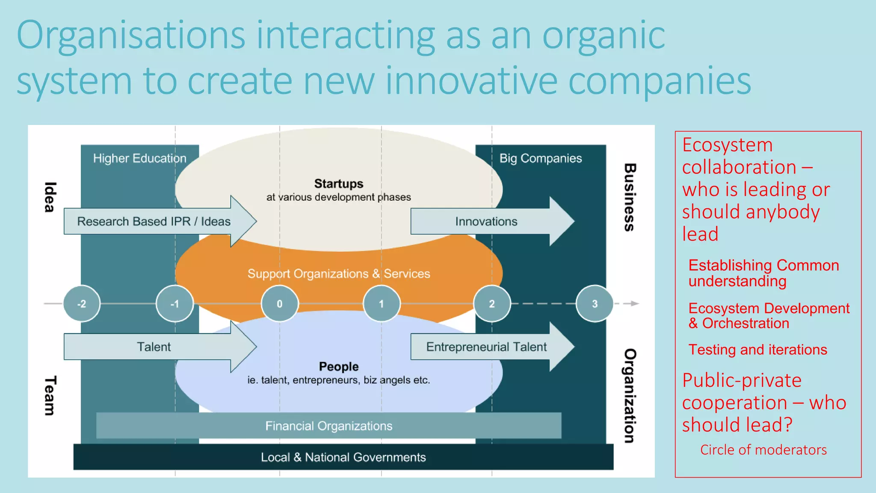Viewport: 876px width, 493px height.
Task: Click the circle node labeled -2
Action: click(x=82, y=303)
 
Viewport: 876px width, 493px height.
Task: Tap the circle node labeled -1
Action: click(x=175, y=303)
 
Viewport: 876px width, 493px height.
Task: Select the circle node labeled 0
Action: click(x=279, y=303)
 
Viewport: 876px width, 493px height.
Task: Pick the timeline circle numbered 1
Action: click(x=381, y=303)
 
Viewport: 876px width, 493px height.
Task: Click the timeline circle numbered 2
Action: click(x=492, y=303)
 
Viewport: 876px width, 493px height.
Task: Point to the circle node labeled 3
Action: click(x=595, y=303)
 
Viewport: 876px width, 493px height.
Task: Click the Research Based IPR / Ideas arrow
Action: click(x=154, y=221)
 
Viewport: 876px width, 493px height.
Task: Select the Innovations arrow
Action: click(x=486, y=221)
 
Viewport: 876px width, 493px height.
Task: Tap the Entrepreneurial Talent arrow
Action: click(x=486, y=347)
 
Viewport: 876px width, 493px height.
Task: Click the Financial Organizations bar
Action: click(x=328, y=426)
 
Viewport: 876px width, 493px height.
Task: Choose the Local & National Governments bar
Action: click(x=343, y=457)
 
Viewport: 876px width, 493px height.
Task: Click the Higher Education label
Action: click(x=139, y=158)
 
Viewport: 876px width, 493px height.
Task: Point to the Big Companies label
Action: click(x=541, y=158)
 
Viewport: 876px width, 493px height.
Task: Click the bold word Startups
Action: click(x=338, y=184)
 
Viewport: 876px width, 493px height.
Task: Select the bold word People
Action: click(x=338, y=366)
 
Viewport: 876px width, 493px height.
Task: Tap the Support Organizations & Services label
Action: click(x=338, y=273)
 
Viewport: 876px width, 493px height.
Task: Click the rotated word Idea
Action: click(x=50, y=197)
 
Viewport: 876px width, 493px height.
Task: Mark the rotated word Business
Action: click(x=629, y=197)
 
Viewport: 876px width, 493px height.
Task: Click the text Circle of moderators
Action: click(x=763, y=450)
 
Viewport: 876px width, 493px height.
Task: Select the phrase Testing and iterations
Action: click(x=758, y=350)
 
